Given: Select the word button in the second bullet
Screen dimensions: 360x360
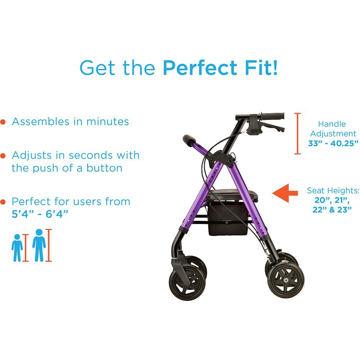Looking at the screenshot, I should pos(104,168).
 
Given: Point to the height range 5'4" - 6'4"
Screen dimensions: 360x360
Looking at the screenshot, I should pos(40,214).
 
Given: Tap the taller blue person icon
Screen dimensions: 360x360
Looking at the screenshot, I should pos(39,245).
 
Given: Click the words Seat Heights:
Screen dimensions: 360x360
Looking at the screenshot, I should pos(333,190).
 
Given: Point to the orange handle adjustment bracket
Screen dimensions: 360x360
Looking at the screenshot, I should pos(297,134).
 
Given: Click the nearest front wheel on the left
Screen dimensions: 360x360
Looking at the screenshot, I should pos(187,283).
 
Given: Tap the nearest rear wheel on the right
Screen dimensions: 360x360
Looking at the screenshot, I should pos(286,280).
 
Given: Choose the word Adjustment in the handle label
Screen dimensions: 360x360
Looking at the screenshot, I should pos(333,134).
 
